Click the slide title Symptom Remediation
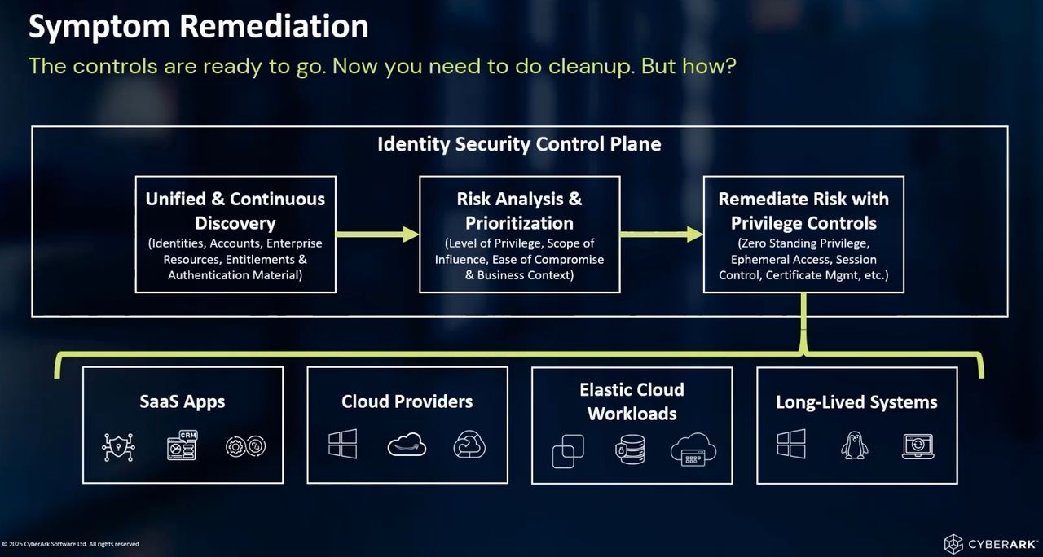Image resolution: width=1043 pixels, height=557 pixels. click(x=199, y=27)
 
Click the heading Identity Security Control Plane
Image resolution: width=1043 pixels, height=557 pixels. click(x=519, y=144)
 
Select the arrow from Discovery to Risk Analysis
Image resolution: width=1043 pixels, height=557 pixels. click(x=377, y=235)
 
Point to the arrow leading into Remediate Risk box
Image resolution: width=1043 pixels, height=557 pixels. click(x=661, y=235)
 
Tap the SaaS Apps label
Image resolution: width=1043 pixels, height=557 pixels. click(x=182, y=401)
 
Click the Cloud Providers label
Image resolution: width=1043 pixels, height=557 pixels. click(x=407, y=401)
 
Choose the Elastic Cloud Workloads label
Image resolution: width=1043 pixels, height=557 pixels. click(x=632, y=401)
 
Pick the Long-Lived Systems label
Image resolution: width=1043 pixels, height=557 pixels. click(x=856, y=401)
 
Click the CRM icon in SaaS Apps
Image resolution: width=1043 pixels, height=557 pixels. click(x=182, y=445)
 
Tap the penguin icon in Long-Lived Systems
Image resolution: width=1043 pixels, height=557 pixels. click(x=854, y=445)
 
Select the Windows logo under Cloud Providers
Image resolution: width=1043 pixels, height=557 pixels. click(x=342, y=445)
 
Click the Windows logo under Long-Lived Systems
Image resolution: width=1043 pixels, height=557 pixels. click(x=790, y=445)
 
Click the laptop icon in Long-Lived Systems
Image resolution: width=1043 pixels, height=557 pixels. click(x=918, y=445)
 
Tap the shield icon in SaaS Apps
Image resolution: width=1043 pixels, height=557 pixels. click(x=117, y=446)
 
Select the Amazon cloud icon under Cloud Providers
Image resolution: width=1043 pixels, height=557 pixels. click(x=407, y=445)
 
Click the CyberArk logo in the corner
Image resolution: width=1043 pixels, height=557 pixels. click(x=989, y=544)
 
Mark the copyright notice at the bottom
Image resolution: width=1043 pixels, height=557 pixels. click(x=72, y=544)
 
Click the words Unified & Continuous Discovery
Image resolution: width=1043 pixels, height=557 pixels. click(x=235, y=210)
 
